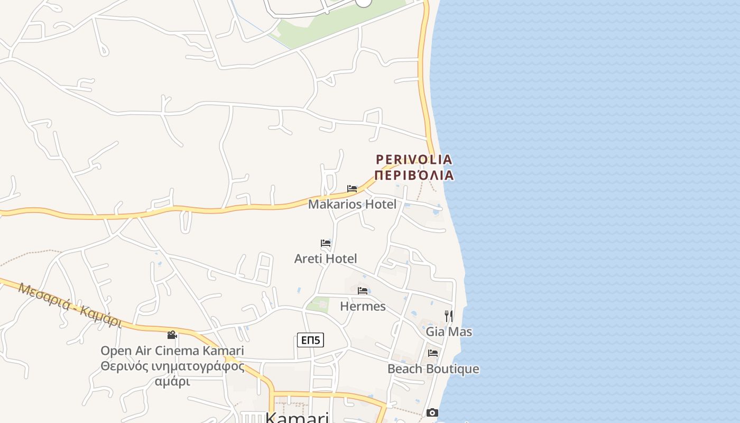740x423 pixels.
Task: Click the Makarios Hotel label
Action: tap(352, 204)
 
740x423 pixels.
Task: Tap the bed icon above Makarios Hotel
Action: tap(352, 189)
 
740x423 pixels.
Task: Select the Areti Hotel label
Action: tap(326, 259)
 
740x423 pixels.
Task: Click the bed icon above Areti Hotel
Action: tap(326, 243)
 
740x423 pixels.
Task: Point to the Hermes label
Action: tap(363, 306)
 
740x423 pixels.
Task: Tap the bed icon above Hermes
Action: tap(363, 291)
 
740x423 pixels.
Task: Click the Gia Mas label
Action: tap(449, 332)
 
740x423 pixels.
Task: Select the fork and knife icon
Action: tap(448, 316)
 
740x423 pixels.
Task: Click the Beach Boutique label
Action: tap(433, 369)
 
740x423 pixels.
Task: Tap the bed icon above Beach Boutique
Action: tap(433, 353)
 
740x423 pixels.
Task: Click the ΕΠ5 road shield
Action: tap(310, 340)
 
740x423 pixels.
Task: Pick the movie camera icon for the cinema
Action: tap(172, 335)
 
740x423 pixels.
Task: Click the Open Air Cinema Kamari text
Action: tap(172, 351)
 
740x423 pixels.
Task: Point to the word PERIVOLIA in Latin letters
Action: tap(414, 159)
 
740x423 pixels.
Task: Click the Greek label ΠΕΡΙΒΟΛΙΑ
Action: tap(414, 175)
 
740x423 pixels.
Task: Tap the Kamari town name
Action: tap(297, 417)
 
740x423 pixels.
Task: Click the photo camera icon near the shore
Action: tap(432, 412)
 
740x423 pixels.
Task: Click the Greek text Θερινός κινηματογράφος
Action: tap(172, 366)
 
